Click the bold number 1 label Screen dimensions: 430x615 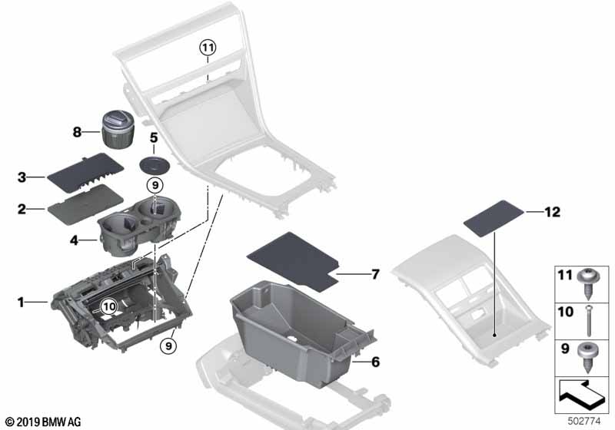point(22,303)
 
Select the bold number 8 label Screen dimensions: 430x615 point(77,132)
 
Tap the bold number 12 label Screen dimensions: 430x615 point(553,211)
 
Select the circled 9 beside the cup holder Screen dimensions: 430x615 point(155,184)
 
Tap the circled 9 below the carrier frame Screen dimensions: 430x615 point(169,346)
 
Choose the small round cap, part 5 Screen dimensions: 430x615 point(156,166)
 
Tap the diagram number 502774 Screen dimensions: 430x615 point(588,421)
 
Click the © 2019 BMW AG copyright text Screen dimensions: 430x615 point(43,422)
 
